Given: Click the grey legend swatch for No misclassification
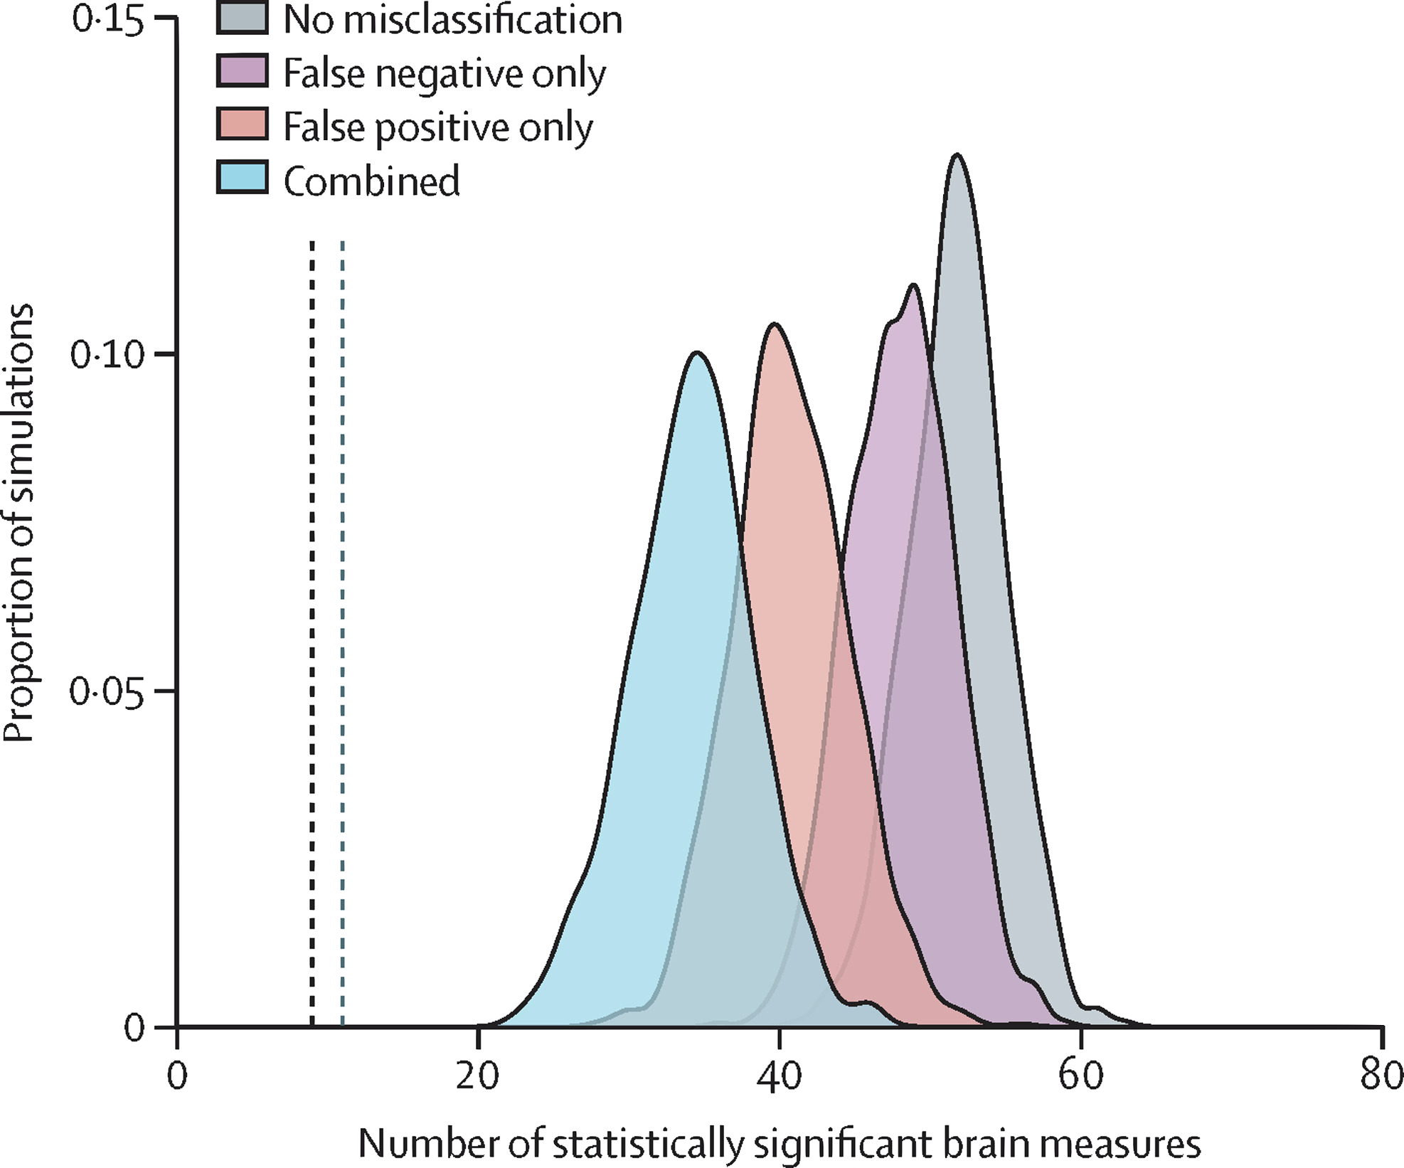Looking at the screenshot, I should click(242, 18).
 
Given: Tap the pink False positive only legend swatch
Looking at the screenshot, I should click(242, 124).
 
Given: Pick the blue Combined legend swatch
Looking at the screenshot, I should click(242, 177).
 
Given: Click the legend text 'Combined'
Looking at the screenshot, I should click(372, 181).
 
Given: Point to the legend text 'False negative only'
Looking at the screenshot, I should click(445, 74).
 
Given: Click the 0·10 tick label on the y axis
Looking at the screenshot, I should click(106, 354).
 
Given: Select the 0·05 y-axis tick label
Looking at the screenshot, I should click(106, 691).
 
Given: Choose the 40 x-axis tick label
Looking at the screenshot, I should click(780, 1075).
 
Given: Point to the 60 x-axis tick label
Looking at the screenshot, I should click(1080, 1075).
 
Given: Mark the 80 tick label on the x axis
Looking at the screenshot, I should click(1381, 1075).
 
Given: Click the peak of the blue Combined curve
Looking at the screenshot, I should click(698, 353).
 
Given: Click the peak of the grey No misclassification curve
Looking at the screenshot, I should click(957, 154).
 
